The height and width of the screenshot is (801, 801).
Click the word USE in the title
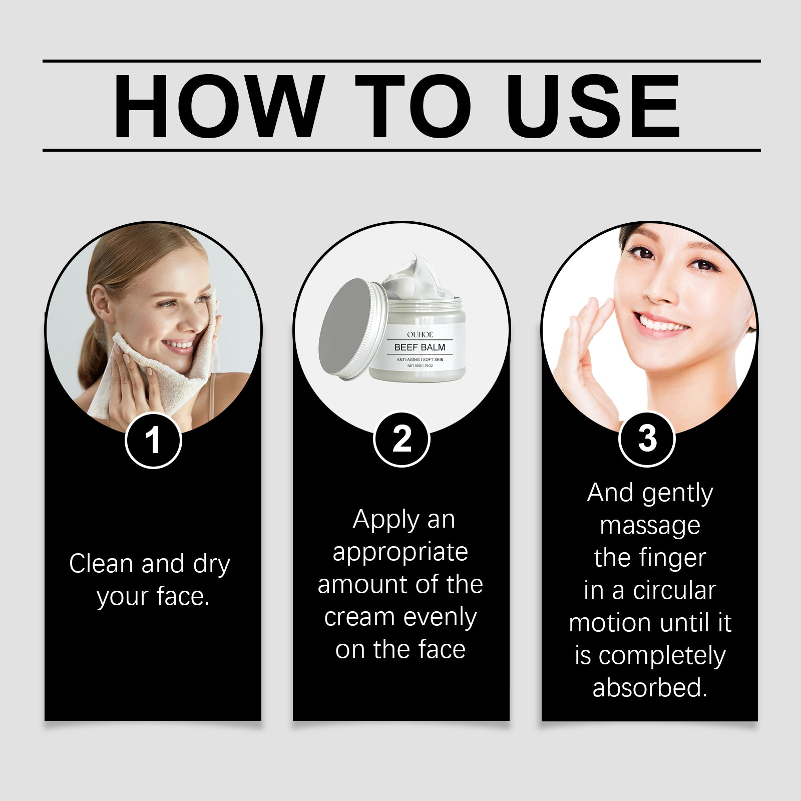(x=593, y=106)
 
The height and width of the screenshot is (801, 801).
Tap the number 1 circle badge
(x=153, y=441)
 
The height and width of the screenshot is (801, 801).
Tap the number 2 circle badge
(x=402, y=440)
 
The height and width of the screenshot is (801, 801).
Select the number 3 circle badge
(x=647, y=439)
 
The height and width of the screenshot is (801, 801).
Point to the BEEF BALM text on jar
(x=420, y=347)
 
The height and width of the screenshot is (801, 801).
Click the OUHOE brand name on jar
(x=420, y=334)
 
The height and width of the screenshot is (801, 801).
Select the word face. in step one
(x=183, y=596)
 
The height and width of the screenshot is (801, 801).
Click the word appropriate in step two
(x=400, y=553)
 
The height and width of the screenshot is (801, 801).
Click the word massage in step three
(x=650, y=526)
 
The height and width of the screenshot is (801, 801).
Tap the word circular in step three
(x=674, y=590)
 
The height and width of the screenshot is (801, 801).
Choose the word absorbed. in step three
(x=650, y=688)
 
